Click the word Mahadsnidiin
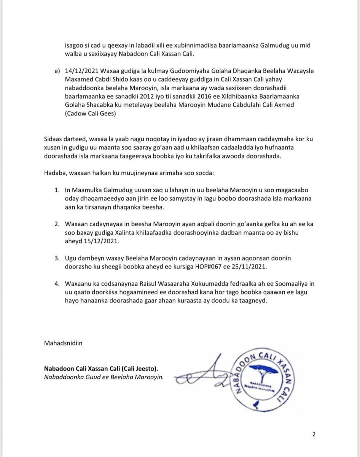(x=63, y=343)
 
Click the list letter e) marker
(x=58, y=71)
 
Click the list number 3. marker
(x=56, y=258)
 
